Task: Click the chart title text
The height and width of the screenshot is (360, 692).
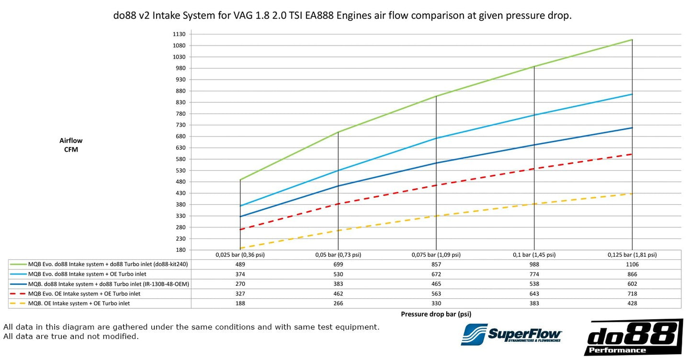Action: [x=342, y=15]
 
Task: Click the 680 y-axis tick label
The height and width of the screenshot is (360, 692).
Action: [x=181, y=136]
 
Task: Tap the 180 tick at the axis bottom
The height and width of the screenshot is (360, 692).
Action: [x=181, y=250]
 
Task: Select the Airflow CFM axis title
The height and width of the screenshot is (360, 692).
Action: [x=71, y=145]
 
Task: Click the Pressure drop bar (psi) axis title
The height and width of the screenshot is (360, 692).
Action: [x=436, y=315]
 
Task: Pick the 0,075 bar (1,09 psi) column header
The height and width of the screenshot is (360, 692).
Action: [x=436, y=255]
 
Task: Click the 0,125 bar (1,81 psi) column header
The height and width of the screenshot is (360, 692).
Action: [x=632, y=255]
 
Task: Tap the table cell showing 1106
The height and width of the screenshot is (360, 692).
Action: [x=632, y=264]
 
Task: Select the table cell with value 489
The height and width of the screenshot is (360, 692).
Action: [x=240, y=264]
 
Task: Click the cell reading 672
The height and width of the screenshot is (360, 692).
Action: [x=436, y=274]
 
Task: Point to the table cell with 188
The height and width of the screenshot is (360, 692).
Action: [x=240, y=304]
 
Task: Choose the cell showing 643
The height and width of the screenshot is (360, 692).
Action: [x=534, y=293]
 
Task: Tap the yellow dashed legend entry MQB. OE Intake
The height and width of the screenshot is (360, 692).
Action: [x=79, y=304]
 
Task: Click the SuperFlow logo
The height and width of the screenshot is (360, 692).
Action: [x=511, y=334]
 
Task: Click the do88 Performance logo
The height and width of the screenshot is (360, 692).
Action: [x=634, y=337]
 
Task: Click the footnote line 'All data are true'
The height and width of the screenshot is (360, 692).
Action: [x=71, y=337]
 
